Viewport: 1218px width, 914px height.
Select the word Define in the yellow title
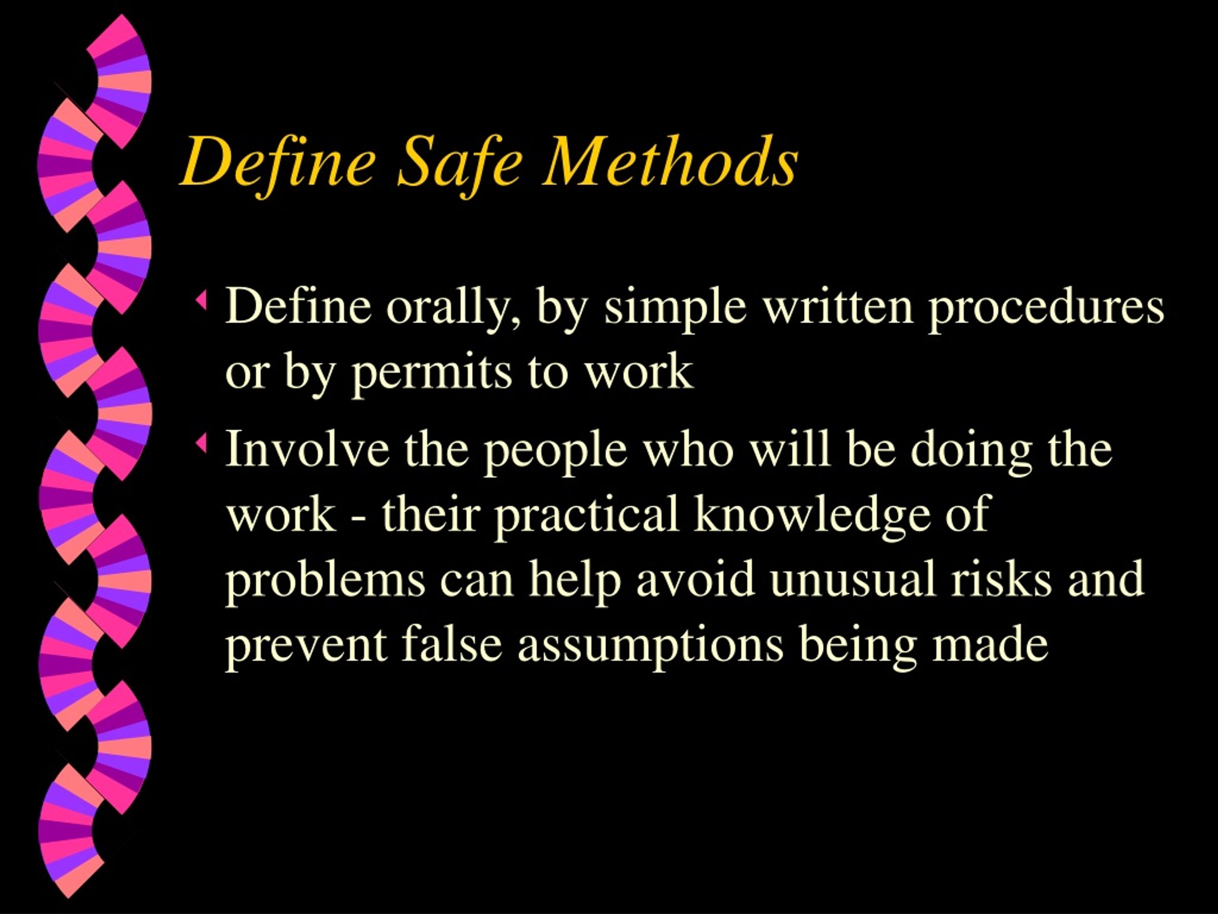click(278, 162)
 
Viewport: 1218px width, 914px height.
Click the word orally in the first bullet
click(454, 308)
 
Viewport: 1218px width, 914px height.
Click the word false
click(452, 643)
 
